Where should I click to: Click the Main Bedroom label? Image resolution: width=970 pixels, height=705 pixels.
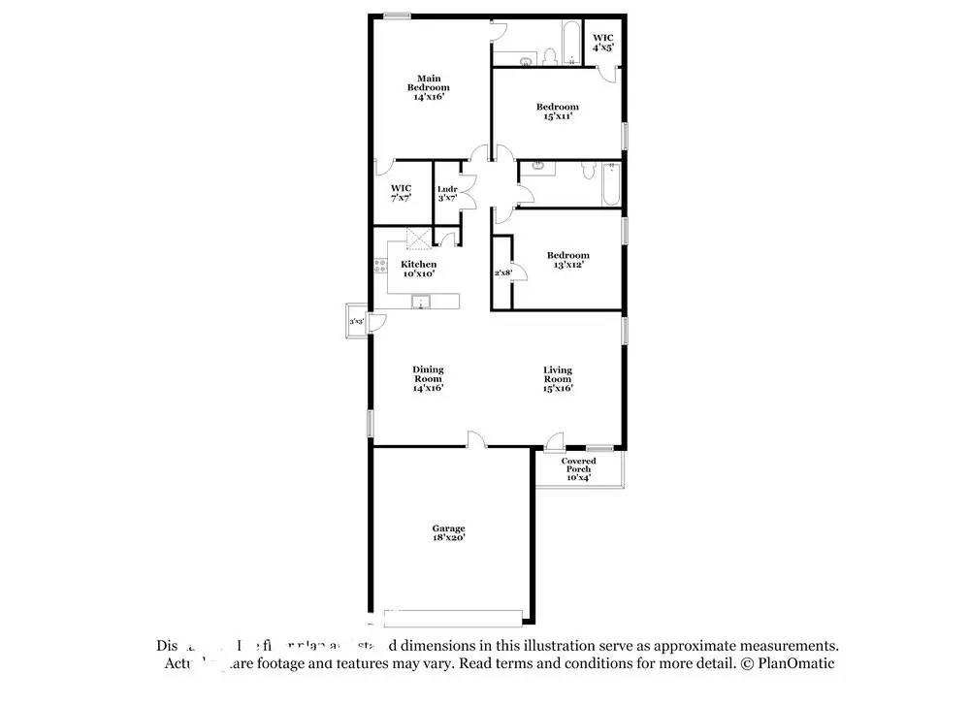coord(428,87)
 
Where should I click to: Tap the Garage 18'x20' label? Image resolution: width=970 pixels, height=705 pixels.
coord(448,532)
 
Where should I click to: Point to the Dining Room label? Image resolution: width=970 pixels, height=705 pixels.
coord(428,378)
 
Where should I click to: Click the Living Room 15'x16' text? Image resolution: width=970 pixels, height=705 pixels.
coord(557,378)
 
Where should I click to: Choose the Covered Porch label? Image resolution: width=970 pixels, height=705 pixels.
coord(578,469)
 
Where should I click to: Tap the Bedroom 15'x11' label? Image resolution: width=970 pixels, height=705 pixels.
coord(558,112)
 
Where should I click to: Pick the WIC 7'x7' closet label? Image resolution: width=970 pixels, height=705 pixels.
coord(401,192)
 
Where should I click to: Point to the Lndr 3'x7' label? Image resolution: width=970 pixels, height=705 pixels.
coord(447,193)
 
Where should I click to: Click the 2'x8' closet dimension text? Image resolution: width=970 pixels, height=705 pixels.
coord(502,273)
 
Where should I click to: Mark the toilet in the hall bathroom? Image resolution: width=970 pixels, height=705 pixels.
coord(586,172)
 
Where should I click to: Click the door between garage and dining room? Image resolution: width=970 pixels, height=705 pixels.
coord(476,441)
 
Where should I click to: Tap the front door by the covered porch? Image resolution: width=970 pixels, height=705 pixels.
coord(553,442)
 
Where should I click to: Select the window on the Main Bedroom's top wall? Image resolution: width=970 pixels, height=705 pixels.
coord(395,15)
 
